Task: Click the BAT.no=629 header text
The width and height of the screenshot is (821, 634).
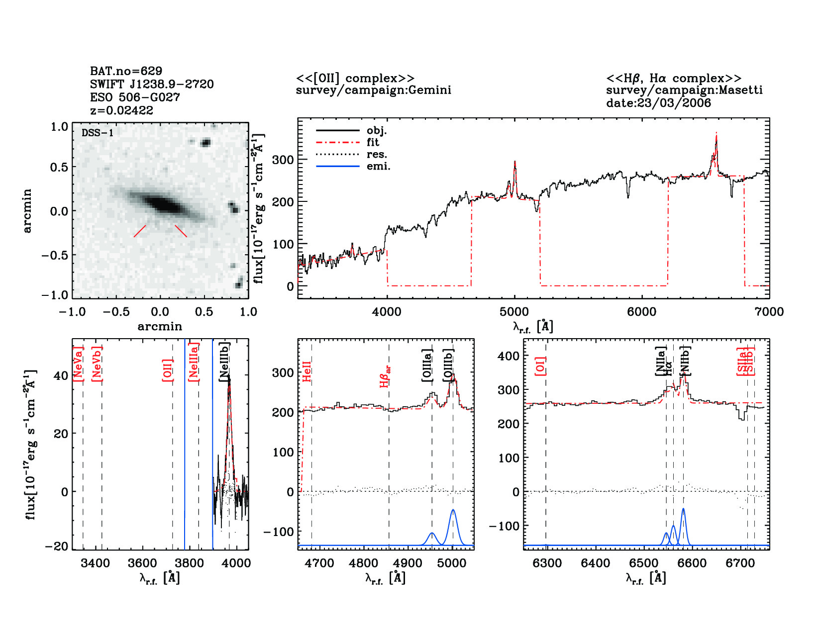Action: point(126,71)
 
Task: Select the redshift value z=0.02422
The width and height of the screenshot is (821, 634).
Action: point(121,110)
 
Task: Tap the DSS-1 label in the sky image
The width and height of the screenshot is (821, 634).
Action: point(98,133)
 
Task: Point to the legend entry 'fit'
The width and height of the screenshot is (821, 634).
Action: point(373,142)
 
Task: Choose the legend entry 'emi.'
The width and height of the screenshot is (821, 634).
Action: point(378,167)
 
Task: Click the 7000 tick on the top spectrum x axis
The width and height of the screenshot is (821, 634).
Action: point(769,312)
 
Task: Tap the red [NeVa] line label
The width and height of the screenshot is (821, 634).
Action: point(78,364)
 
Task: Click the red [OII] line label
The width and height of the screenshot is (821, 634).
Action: point(168,369)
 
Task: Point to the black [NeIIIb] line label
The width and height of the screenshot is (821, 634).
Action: point(224,362)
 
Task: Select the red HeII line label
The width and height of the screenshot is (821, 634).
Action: point(307,371)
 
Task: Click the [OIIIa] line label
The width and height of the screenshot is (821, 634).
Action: point(427,365)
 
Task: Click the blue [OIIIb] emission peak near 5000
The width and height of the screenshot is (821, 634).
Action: point(453,511)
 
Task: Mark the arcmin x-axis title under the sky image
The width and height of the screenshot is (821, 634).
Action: point(160,327)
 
